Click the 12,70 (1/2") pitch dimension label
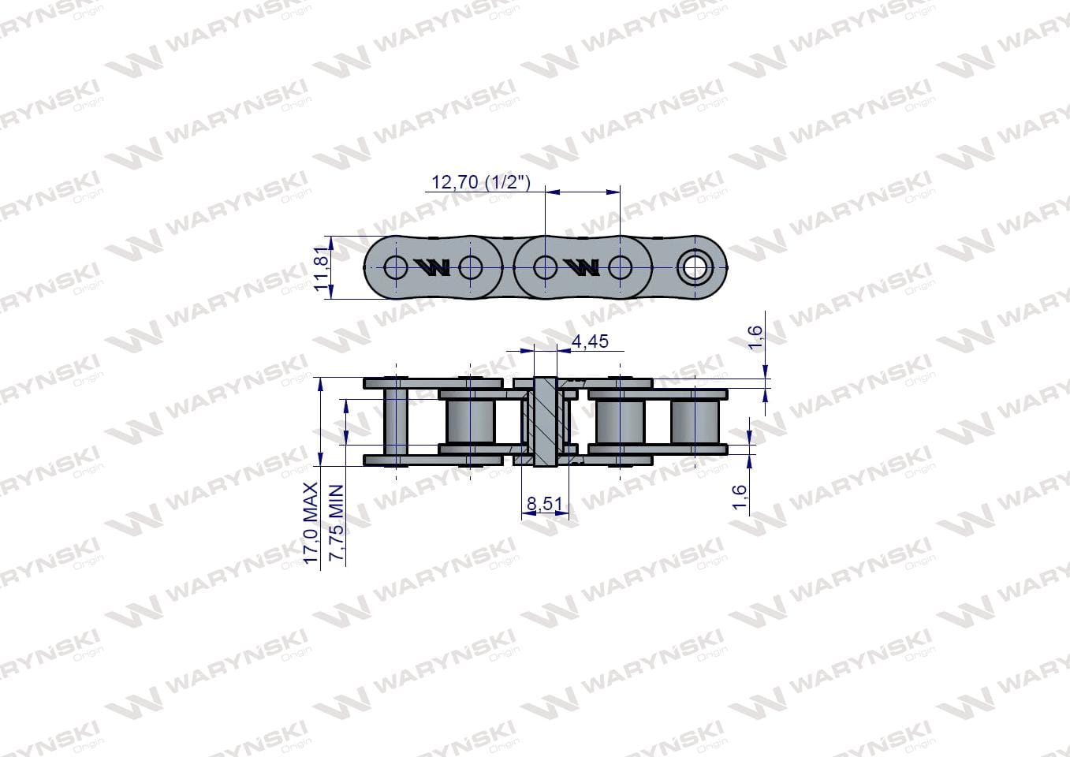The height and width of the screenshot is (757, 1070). [481, 182]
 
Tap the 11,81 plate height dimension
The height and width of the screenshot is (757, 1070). [322, 267]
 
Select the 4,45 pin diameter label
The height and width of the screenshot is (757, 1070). [591, 341]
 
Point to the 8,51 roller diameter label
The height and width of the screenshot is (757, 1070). [545, 503]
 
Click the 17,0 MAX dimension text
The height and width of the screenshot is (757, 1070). [311, 523]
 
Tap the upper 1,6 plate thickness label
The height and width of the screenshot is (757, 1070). [755, 337]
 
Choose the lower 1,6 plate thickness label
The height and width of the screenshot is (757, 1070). [740, 498]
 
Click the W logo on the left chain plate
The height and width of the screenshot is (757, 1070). [432, 267]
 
